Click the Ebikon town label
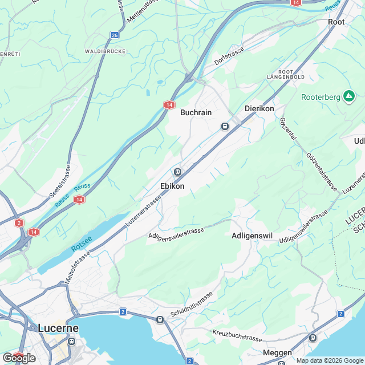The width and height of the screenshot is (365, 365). coord(172,186)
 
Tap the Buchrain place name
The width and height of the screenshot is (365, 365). coord(196,113)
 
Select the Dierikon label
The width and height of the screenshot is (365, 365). coord(259,108)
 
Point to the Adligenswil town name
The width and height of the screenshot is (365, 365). coord(254,235)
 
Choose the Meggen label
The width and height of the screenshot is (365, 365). coord(278,352)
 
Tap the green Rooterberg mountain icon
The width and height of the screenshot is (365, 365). coord(349,96)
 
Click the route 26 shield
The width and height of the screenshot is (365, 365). coord(115,35)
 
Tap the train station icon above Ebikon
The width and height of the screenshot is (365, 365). coord(177,172)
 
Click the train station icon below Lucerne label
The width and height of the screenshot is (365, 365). coord(71,342)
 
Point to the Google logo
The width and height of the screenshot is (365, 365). coord(19,358)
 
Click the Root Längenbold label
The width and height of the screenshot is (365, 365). coord(286,74)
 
